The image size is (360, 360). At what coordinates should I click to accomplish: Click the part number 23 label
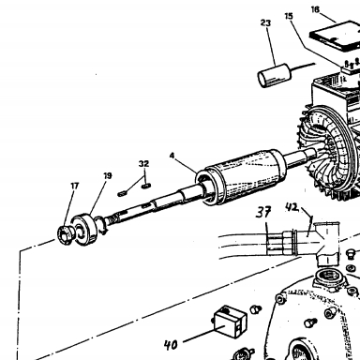pyautogui.click(x=265, y=22)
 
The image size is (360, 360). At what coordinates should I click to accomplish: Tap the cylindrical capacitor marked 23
pyautogui.click(x=275, y=75)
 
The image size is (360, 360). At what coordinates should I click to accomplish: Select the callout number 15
pyautogui.click(x=289, y=16)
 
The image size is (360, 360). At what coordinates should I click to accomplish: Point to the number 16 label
pyautogui.click(x=315, y=9)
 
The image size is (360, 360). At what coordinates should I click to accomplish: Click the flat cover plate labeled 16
pyautogui.click(x=336, y=36)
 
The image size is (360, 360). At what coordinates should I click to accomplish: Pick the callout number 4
pyautogui.click(x=172, y=156)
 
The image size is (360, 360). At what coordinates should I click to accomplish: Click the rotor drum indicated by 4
pyautogui.click(x=241, y=177)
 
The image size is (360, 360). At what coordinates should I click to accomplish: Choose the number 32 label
pyautogui.click(x=143, y=164)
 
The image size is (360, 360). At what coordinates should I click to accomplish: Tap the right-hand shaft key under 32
pyautogui.click(x=146, y=187)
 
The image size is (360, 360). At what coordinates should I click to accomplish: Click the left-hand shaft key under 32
pyautogui.click(x=122, y=194)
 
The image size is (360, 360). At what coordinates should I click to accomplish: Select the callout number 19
pyautogui.click(x=108, y=176)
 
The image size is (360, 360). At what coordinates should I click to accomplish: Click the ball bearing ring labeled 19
pyautogui.click(x=84, y=229)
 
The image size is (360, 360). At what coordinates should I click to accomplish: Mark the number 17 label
pyautogui.click(x=74, y=186)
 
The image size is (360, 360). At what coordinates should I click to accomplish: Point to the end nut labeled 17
pyautogui.click(x=67, y=235)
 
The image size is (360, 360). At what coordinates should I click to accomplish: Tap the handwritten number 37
pyautogui.click(x=263, y=212)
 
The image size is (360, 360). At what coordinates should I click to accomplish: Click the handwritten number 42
pyautogui.click(x=292, y=207)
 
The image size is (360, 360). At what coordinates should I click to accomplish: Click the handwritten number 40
pyautogui.click(x=171, y=345)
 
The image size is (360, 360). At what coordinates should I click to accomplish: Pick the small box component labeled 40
pyautogui.click(x=231, y=322)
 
